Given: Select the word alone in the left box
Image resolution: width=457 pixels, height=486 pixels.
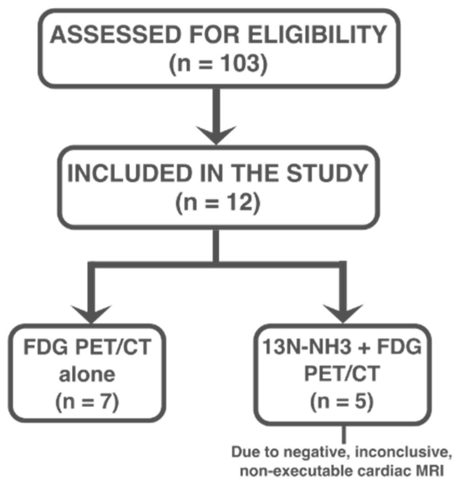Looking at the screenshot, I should click(x=87, y=374).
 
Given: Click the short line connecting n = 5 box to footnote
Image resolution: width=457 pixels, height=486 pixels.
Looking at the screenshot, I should click(x=343, y=435).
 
